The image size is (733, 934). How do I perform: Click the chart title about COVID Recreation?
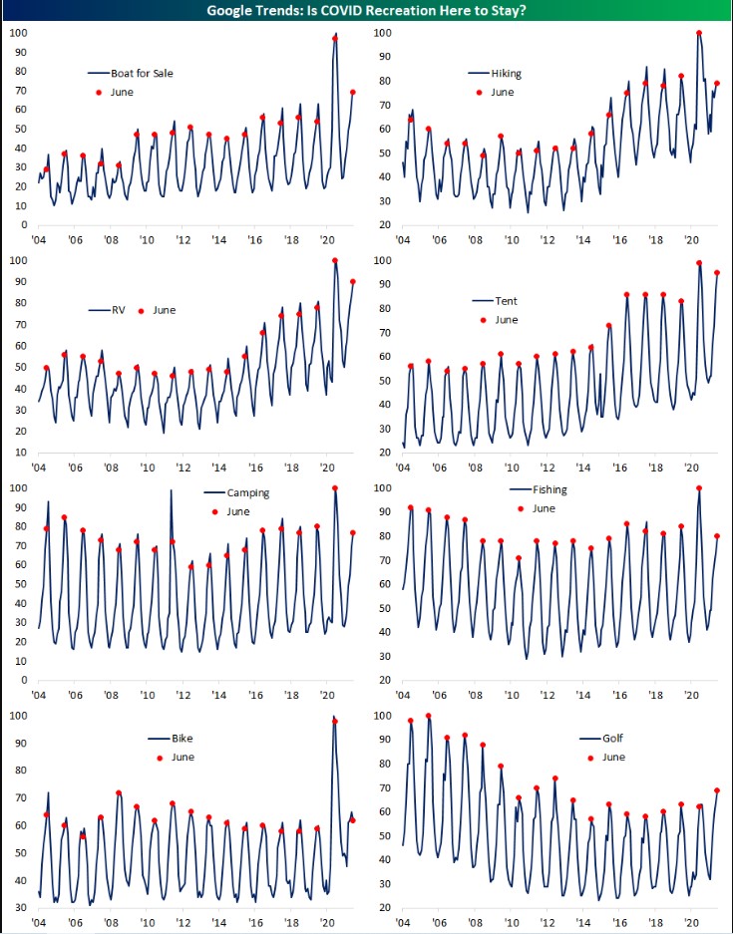366,11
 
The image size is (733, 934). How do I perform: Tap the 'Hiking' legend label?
507,74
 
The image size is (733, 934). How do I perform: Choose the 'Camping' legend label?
248,493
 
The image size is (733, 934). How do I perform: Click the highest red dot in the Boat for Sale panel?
335,39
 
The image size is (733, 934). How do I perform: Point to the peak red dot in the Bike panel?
335,722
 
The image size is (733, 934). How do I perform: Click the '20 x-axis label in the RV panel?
326,467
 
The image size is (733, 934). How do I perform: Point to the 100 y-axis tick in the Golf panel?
382,716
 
